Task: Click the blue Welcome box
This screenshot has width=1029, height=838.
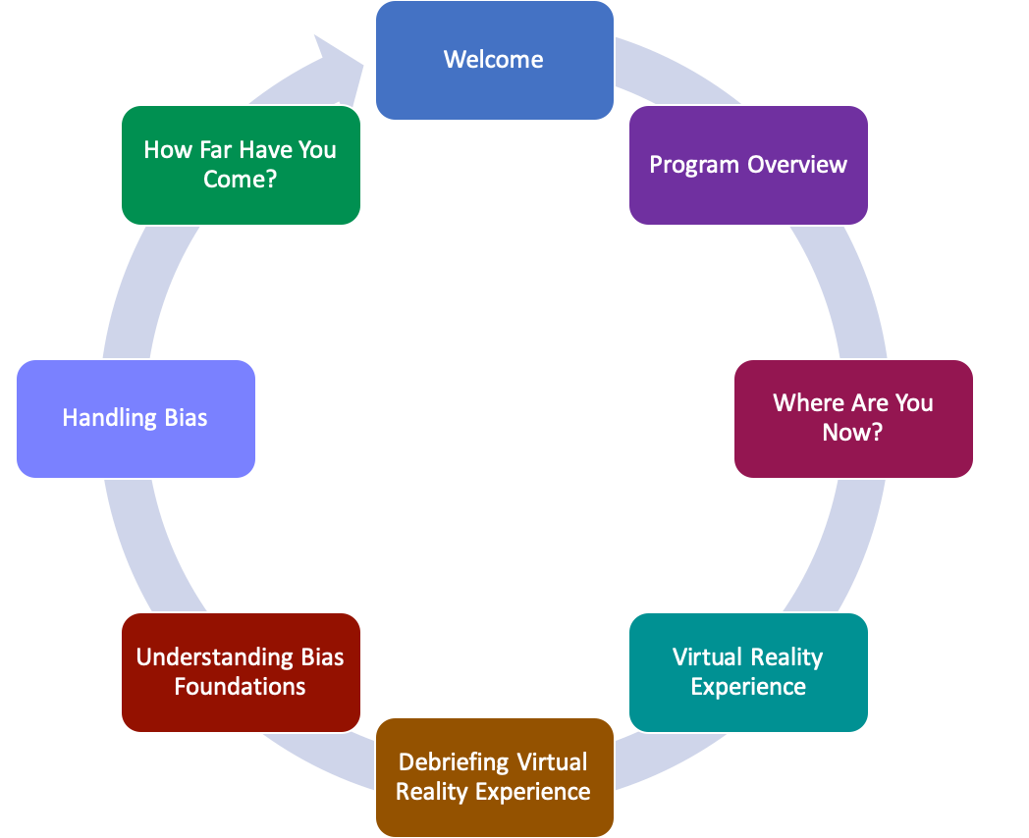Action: click(x=494, y=61)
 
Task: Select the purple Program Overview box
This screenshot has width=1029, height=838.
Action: click(x=748, y=165)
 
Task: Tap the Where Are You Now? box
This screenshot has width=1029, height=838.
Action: click(x=853, y=418)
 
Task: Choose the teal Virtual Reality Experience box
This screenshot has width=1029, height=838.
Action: click(x=748, y=672)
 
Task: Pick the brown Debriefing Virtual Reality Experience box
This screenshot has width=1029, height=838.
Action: click(x=494, y=777)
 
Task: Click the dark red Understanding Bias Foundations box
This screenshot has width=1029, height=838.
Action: click(x=241, y=672)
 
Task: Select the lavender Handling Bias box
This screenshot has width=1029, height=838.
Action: click(x=135, y=418)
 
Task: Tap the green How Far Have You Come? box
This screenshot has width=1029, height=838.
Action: click(x=241, y=165)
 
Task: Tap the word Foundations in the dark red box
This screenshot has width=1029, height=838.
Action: click(x=241, y=687)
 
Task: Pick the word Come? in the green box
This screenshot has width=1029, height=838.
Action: click(x=241, y=180)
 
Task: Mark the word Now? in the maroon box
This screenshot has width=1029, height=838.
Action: click(x=853, y=433)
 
